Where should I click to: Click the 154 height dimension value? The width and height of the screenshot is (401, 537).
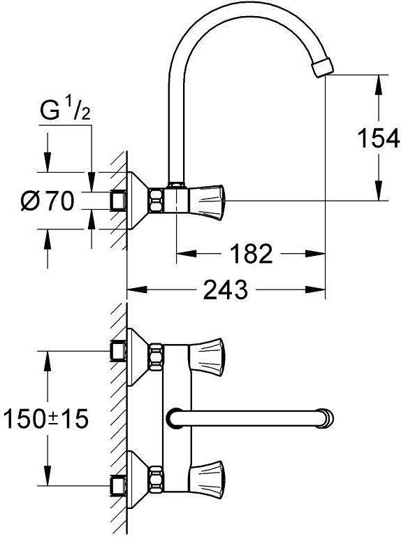[x=379, y=138]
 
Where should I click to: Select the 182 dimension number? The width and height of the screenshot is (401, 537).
[x=251, y=254]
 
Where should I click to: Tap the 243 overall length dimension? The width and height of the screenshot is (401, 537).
[x=225, y=289]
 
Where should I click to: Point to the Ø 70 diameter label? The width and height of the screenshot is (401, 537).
[x=48, y=201]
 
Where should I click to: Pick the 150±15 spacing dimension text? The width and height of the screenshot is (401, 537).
[x=46, y=419]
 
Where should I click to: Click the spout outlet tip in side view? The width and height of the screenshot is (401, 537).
[x=323, y=67]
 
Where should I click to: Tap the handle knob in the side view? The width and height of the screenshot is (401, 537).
[x=207, y=202]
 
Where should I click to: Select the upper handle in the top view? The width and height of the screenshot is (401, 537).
[x=207, y=355]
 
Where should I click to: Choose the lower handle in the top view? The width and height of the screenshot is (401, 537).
[x=207, y=478]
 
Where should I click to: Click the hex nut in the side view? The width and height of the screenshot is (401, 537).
[x=156, y=201]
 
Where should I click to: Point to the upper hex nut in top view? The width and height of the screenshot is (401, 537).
[x=156, y=357]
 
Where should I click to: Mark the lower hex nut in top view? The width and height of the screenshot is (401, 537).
[x=156, y=479]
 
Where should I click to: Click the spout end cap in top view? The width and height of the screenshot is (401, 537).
[x=326, y=418]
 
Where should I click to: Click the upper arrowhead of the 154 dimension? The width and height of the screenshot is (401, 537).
[x=379, y=85]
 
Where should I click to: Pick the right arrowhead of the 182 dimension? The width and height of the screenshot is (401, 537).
[x=315, y=254]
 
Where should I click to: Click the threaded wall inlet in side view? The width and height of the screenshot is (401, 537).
[x=119, y=201]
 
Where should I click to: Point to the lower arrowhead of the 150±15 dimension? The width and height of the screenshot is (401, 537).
[x=48, y=475]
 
